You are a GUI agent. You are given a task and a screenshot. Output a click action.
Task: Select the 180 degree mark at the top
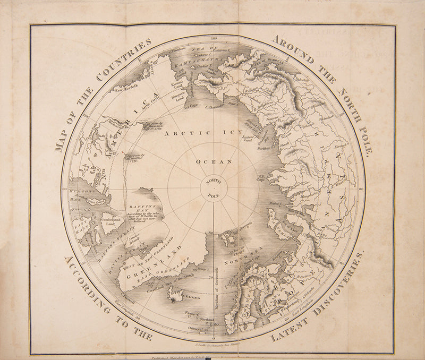click(x=214, y=39)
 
